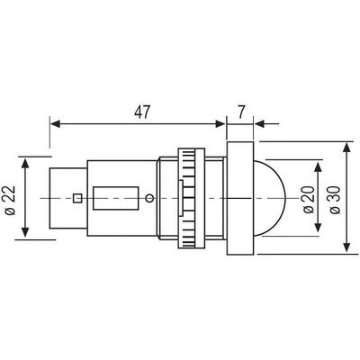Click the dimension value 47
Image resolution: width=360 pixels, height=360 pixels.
141,112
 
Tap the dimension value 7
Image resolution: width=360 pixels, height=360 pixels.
241,112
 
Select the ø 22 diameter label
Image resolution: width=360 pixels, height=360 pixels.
11,201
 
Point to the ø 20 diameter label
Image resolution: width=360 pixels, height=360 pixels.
309,200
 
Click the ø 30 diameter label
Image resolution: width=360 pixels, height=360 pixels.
335,200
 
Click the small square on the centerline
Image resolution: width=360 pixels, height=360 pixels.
77,198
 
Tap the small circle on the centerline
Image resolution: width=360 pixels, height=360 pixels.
149,198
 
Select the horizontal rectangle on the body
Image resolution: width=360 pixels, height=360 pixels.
116,198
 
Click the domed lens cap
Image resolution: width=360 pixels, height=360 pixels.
268,198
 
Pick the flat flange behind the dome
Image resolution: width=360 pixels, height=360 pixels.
240,198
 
